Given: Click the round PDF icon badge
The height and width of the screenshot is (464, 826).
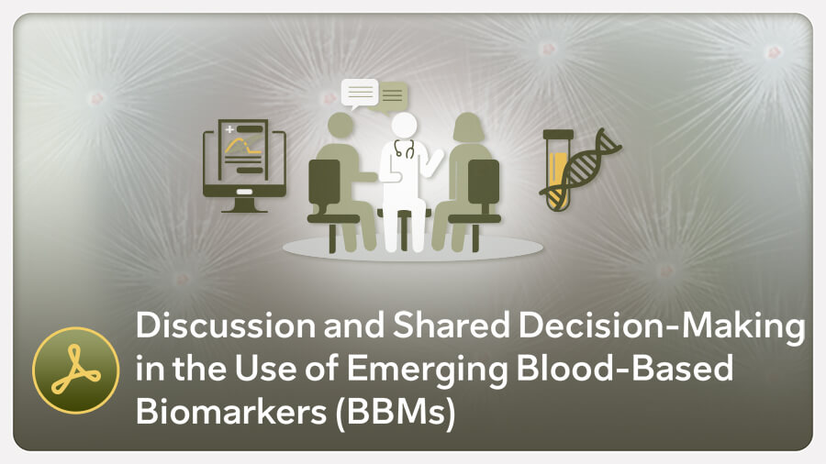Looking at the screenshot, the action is [76, 370].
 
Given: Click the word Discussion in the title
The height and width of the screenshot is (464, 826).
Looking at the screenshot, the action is [226, 326].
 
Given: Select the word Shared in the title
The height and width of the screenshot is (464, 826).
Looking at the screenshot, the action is [452, 326].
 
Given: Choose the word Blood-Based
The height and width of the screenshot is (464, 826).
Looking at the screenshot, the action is [625, 367].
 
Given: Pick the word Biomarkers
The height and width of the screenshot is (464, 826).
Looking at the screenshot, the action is [231, 410].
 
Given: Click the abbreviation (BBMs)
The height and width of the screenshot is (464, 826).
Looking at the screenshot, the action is [395, 413].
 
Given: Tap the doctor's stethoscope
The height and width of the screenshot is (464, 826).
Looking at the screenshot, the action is [404, 149].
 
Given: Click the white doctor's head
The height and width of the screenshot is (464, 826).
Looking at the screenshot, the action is [404, 127].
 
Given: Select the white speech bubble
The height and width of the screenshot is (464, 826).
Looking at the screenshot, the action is [360, 94].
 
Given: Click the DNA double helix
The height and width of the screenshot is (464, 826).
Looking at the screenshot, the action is [581, 170].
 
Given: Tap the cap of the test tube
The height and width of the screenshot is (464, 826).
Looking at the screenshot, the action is [558, 135].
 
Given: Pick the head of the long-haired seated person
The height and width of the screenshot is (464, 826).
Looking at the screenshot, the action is [468, 127].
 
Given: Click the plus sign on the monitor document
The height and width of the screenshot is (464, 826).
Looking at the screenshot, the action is [229, 129].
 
